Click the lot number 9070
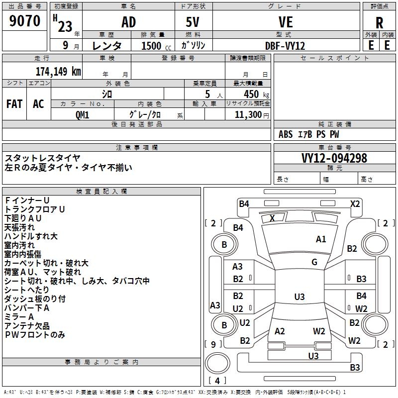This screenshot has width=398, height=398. (x=24, y=21)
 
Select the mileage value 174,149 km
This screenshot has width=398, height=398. (x=58, y=72)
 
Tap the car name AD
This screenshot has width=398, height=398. (x=129, y=22)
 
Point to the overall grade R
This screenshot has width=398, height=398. (x=379, y=23)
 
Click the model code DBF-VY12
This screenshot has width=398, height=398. (x=285, y=46)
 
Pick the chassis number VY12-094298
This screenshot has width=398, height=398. (x=334, y=158)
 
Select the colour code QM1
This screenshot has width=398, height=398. (x=82, y=115)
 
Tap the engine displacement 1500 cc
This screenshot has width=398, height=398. (x=156, y=46)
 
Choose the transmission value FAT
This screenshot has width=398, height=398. (x=14, y=104)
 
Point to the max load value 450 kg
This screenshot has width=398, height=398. (x=256, y=95)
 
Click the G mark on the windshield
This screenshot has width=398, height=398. (x=314, y=262)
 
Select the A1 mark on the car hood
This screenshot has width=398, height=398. (x=321, y=239)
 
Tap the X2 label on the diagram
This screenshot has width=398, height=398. (x=355, y=204)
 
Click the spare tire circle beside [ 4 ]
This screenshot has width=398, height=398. (x=217, y=363)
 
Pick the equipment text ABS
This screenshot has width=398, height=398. (x=286, y=134)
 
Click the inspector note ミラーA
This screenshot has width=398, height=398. (x=19, y=317)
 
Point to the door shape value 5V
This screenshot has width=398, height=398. (x=193, y=22)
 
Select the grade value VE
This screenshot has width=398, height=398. (x=286, y=22)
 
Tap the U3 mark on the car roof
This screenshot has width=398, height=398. (x=299, y=297)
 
